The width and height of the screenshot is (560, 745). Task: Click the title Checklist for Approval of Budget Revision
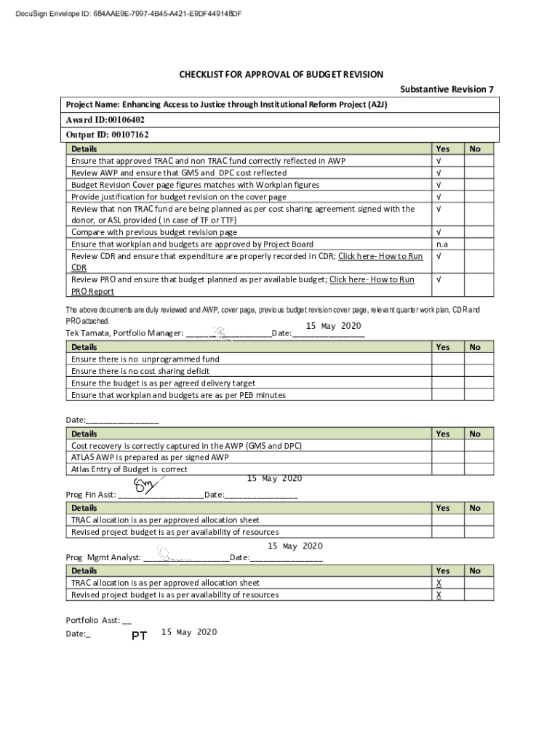coord(281,75)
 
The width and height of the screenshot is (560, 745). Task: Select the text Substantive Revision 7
coord(447,89)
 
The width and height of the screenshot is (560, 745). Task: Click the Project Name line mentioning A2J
coord(227,105)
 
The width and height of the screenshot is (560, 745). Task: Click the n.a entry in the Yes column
coord(441,244)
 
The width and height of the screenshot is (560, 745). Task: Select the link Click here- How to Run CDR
coord(380,257)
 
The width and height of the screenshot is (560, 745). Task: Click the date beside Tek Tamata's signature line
coord(333,325)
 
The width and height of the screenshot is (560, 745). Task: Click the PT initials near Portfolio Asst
coord(139,636)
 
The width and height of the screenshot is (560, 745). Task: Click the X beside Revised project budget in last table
coord(439,595)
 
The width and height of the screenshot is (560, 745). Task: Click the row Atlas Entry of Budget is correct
coord(129,469)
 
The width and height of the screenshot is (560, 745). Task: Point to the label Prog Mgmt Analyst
coord(103,558)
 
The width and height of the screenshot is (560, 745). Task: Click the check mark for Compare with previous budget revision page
coord(438,232)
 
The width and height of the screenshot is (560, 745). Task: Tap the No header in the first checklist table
coord(475,148)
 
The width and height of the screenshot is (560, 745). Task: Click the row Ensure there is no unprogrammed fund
coord(145,359)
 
